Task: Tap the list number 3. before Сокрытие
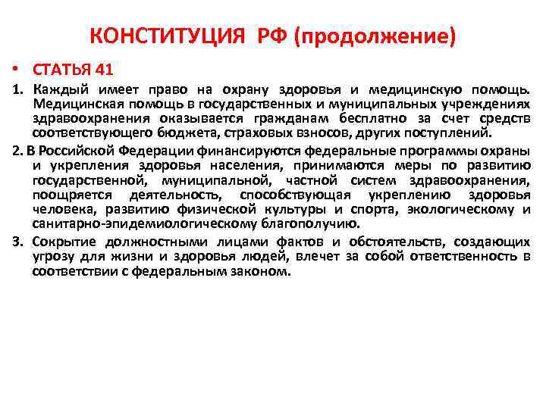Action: click(19, 242)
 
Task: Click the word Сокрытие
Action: click(60, 242)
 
